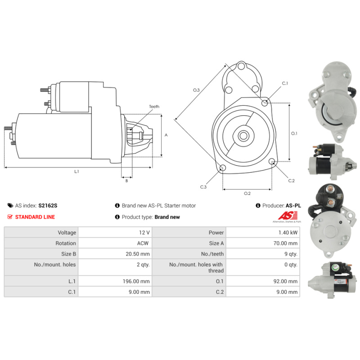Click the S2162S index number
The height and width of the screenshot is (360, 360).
click(48, 206)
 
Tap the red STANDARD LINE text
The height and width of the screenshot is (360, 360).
click(35, 217)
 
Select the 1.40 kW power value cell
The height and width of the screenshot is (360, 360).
click(263, 232)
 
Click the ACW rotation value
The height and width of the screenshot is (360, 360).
click(143, 243)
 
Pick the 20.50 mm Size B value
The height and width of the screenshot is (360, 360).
click(138, 254)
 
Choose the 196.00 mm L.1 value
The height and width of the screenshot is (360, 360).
click(136, 281)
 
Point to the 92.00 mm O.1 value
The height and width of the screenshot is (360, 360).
click(285, 281)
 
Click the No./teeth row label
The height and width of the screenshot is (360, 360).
click(212, 254)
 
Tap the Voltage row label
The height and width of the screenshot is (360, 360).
click(67, 233)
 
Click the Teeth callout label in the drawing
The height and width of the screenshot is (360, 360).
click(154, 107)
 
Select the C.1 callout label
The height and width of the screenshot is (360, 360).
click(285, 83)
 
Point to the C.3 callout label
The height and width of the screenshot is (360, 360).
click(203, 187)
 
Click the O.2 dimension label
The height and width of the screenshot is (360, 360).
click(247, 193)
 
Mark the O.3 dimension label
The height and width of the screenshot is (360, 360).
click(196, 90)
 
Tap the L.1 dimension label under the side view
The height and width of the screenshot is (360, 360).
click(76, 171)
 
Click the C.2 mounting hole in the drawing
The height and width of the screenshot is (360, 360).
click(272, 161)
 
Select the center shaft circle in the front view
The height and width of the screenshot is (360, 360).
click(243, 136)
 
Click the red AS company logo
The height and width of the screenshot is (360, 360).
click(288, 216)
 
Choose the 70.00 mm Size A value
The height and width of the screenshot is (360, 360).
click(285, 243)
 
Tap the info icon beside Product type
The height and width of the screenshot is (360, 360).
click(117, 217)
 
